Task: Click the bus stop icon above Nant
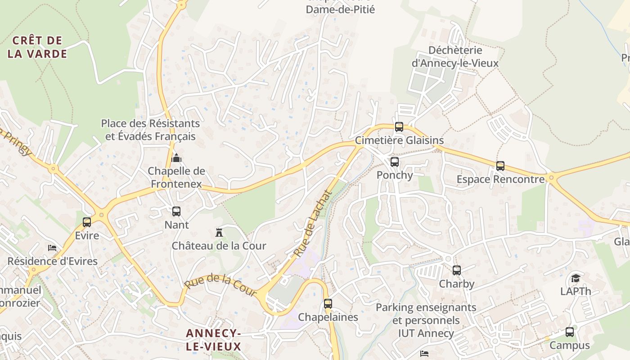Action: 176,211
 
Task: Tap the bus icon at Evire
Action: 87,222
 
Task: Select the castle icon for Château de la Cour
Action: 219,232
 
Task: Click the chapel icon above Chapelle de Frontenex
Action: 176,158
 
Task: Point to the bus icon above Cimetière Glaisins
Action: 399,127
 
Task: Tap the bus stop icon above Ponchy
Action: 395,162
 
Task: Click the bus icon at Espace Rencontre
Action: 500,166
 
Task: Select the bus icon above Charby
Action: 457,270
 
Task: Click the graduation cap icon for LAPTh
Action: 576,278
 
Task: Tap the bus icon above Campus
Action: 570,332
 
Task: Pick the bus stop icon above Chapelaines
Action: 328,304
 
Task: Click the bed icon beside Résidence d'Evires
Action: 52,248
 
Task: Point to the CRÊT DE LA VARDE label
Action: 38,47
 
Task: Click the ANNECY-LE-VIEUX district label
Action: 214,340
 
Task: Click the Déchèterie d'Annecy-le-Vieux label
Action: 455,57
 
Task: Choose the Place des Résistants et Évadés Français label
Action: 150,130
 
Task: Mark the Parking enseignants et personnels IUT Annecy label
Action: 426,320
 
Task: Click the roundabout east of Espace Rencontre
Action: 552,178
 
